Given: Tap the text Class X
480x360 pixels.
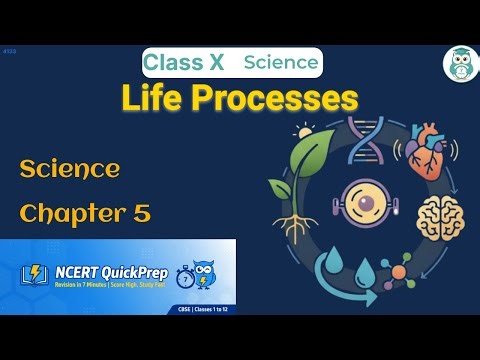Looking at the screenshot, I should (183, 63).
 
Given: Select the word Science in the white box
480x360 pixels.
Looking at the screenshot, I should (281, 63).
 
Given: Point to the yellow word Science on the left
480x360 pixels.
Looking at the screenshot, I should (70, 168).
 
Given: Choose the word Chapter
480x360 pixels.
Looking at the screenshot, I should (70, 213).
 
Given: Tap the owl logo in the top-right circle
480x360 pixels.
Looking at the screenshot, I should (460, 63).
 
